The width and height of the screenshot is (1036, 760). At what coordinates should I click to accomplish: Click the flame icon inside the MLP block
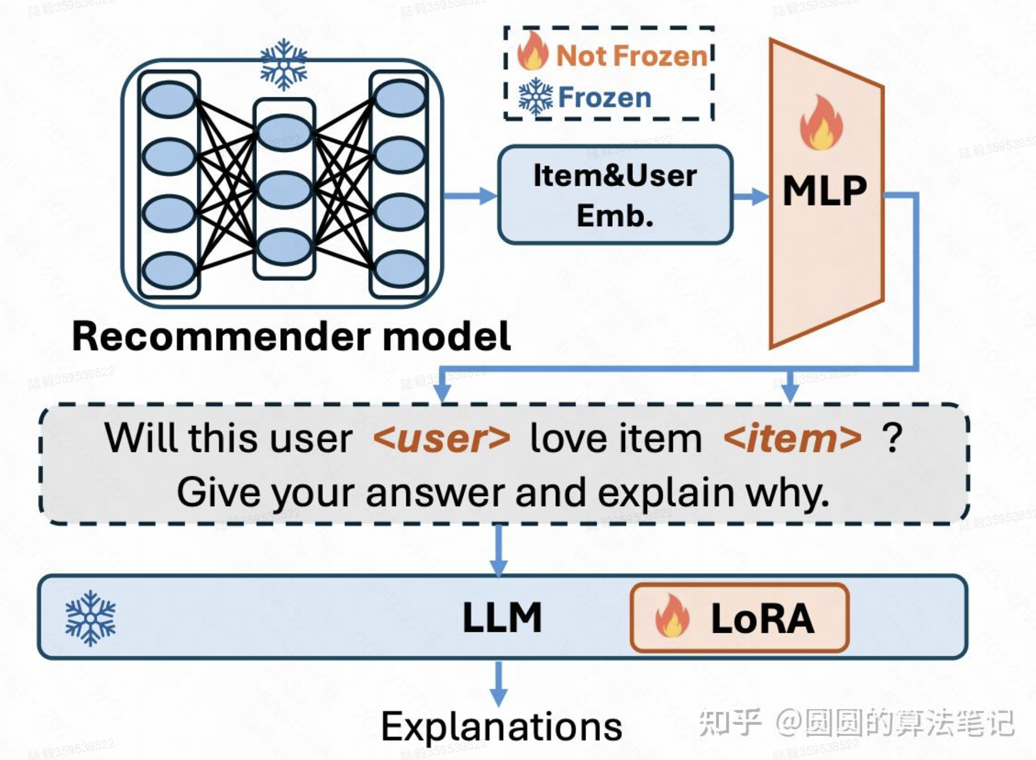click(821, 123)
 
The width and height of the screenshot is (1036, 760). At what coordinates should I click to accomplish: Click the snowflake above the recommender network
click(283, 64)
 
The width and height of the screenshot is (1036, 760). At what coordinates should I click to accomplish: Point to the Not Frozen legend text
click(631, 55)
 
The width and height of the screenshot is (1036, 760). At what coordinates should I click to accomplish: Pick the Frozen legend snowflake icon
click(536, 97)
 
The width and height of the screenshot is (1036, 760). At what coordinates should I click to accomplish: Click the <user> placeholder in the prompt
click(441, 439)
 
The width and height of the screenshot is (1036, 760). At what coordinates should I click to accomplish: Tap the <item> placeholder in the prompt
click(792, 439)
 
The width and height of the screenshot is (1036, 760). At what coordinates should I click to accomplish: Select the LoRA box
click(739, 618)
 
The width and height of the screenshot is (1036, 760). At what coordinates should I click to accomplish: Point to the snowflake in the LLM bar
click(90, 618)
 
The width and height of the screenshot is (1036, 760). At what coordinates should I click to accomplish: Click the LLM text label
click(502, 618)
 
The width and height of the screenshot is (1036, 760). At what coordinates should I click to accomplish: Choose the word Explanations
click(502, 726)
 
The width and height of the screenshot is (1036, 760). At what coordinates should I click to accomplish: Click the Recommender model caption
click(291, 336)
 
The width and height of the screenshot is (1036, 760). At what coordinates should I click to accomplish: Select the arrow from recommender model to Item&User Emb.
click(470, 196)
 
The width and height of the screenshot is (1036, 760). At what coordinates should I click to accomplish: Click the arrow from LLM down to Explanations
click(498, 683)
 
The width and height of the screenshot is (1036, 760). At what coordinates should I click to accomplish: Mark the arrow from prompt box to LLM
click(498, 550)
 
